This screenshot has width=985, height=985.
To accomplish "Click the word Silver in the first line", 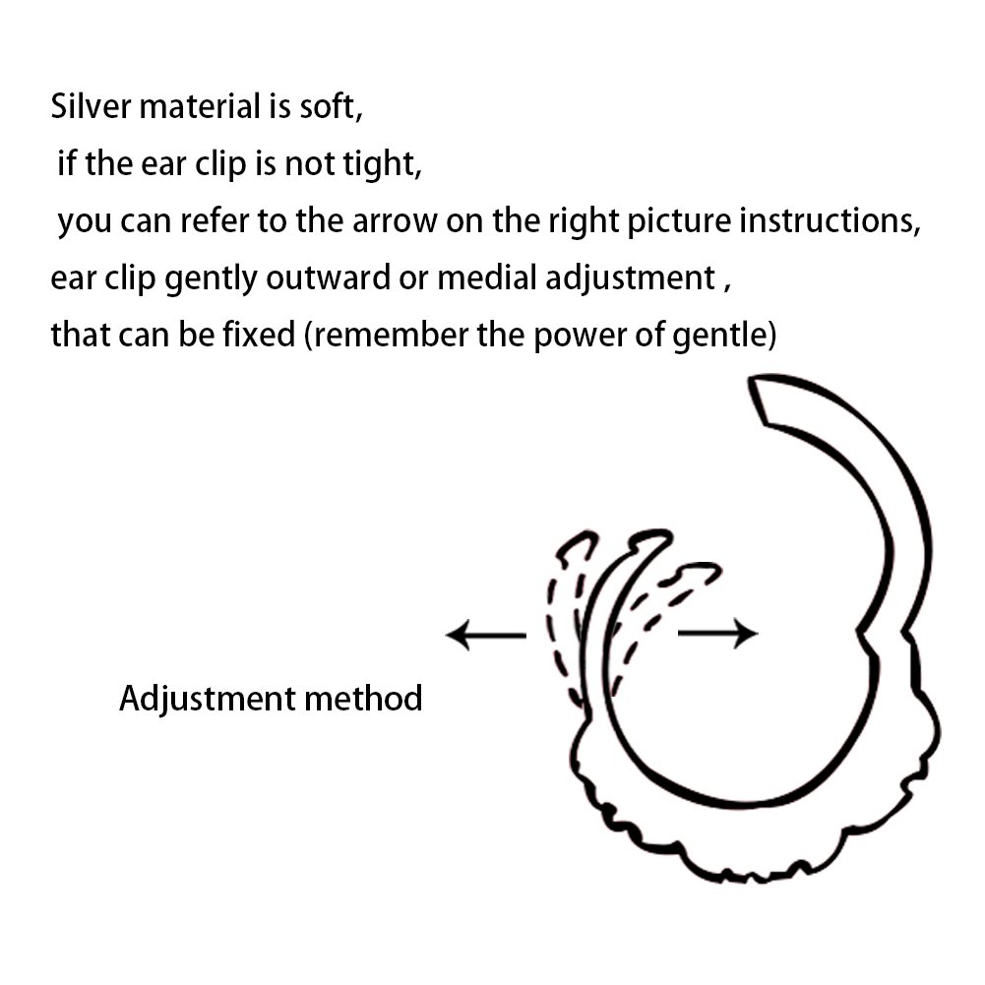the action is click(91, 106).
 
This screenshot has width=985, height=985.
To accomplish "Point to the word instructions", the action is click(825, 221).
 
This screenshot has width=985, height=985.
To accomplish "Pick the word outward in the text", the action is click(328, 277).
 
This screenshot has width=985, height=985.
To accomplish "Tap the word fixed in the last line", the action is click(259, 335).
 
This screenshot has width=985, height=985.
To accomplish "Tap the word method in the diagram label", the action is click(363, 698).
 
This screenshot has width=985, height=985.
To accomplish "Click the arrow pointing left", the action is click(485, 635).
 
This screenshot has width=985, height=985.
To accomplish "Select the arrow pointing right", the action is click(718, 634).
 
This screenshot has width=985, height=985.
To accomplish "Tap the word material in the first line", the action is click(199, 106).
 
